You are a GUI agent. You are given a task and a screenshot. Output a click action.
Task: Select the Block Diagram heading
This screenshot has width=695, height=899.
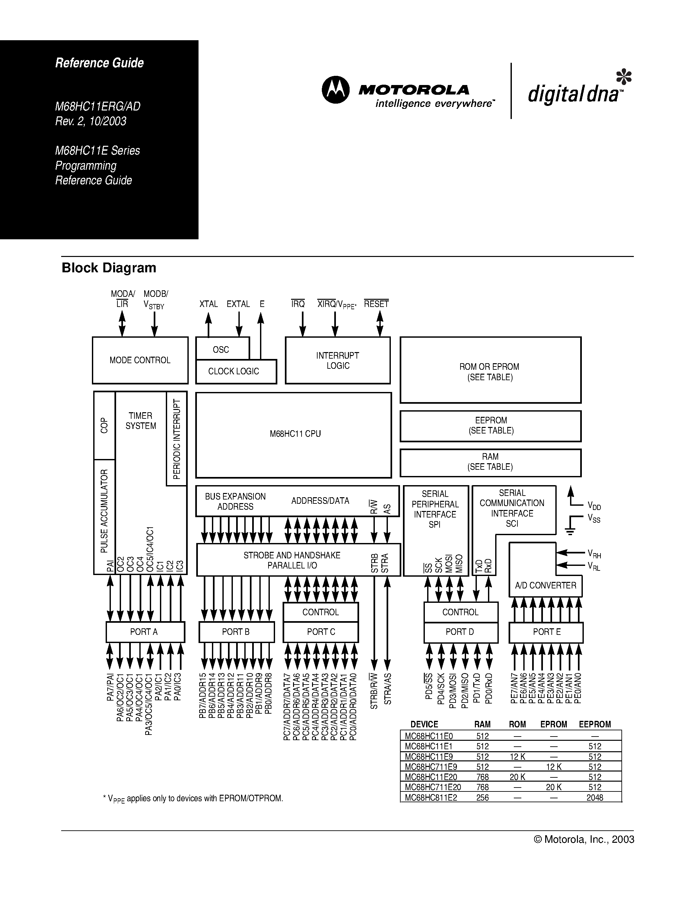pos(109,268)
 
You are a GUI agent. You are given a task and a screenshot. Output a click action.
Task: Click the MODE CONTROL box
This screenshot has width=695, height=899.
pos(140,360)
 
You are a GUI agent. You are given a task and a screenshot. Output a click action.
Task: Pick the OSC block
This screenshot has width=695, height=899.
pos(221,349)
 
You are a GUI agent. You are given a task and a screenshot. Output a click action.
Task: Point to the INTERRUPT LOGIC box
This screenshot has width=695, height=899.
pos(338,360)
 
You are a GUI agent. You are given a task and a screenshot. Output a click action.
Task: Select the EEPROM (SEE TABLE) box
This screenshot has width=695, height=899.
pos(490,426)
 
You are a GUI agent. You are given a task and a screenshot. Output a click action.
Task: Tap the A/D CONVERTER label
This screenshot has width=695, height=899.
pos(545,585)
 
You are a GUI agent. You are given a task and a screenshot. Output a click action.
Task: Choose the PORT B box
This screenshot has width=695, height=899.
pos(236,632)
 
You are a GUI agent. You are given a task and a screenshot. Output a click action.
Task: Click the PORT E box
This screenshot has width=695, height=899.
pos(546,632)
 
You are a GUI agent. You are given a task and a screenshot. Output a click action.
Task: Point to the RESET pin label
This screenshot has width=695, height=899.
pos(376,304)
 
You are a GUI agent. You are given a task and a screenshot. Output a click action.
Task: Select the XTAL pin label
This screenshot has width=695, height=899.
pos(208,304)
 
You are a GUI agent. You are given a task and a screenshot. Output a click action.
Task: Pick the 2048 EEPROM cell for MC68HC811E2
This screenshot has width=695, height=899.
pos(595,798)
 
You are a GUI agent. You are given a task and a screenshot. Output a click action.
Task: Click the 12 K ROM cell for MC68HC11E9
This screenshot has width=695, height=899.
pos(517,756)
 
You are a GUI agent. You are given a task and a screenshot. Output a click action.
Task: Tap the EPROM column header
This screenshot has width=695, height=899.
pos(553,724)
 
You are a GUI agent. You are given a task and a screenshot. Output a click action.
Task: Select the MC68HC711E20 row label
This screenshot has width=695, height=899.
pos(433,787)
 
